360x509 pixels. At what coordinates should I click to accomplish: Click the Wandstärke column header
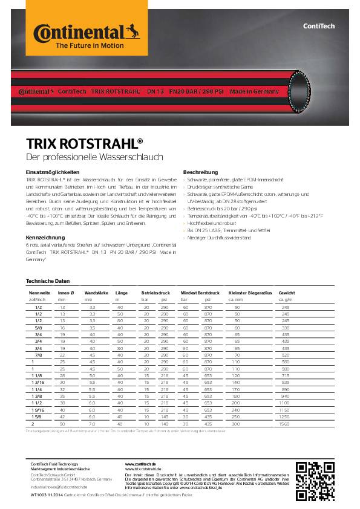click(96, 293)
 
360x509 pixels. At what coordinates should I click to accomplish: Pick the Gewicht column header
click(287, 293)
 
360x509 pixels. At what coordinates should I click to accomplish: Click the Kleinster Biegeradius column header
click(247, 293)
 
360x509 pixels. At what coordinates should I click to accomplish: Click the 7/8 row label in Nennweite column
click(38, 355)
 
